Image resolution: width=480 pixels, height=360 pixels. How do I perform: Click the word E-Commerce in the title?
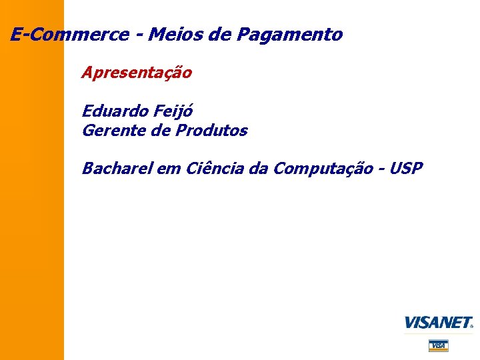coord(69,35)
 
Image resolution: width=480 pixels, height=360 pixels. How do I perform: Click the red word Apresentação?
coord(137,73)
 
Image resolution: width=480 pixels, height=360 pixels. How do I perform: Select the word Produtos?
coord(211,131)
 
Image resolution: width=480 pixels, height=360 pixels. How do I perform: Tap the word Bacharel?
coord(117,169)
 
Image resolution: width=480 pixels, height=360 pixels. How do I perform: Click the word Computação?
coord(323,169)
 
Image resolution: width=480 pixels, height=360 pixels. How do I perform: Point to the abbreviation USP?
coord(407,169)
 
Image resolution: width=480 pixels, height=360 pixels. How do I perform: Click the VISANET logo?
coord(439,323)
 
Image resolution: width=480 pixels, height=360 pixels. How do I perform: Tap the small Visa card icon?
coord(438,345)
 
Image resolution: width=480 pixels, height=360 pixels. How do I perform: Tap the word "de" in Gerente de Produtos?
coord(161,131)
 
